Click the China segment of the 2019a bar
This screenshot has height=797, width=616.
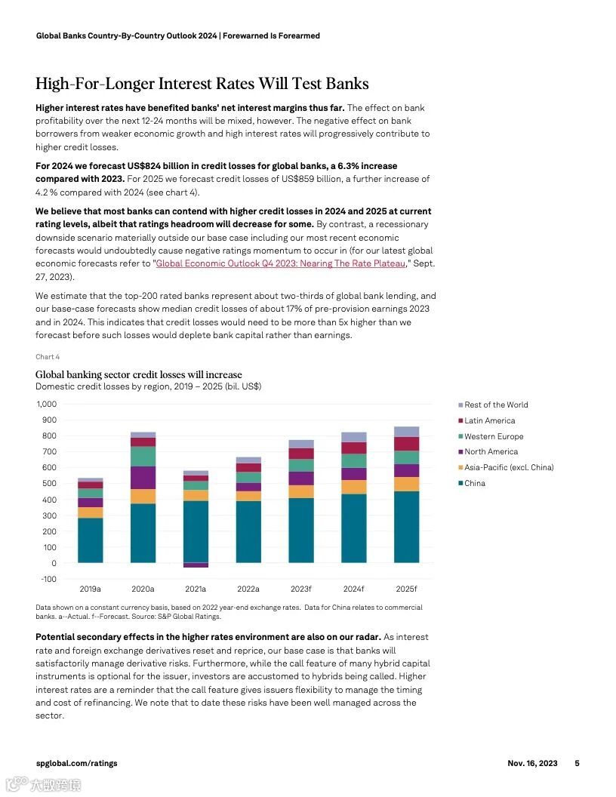91,540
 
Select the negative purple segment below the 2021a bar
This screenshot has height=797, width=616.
196,565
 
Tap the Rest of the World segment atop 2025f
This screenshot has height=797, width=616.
406,432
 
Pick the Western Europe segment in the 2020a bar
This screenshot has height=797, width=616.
143,456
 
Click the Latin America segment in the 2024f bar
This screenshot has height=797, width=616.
353,448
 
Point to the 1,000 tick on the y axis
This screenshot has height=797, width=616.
46,405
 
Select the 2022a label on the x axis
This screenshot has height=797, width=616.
248,589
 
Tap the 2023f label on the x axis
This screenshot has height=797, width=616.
300,589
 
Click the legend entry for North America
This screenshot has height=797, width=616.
491,452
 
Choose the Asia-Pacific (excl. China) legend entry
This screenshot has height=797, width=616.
508,468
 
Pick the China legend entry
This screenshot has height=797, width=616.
475,483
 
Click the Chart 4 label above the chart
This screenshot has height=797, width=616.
48,356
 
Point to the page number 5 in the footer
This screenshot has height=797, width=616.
577,763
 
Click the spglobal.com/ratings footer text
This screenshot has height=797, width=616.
76,763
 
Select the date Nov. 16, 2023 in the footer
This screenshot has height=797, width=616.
532,763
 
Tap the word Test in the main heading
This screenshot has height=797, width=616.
311,83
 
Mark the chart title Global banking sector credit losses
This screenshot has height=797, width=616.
139,374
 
